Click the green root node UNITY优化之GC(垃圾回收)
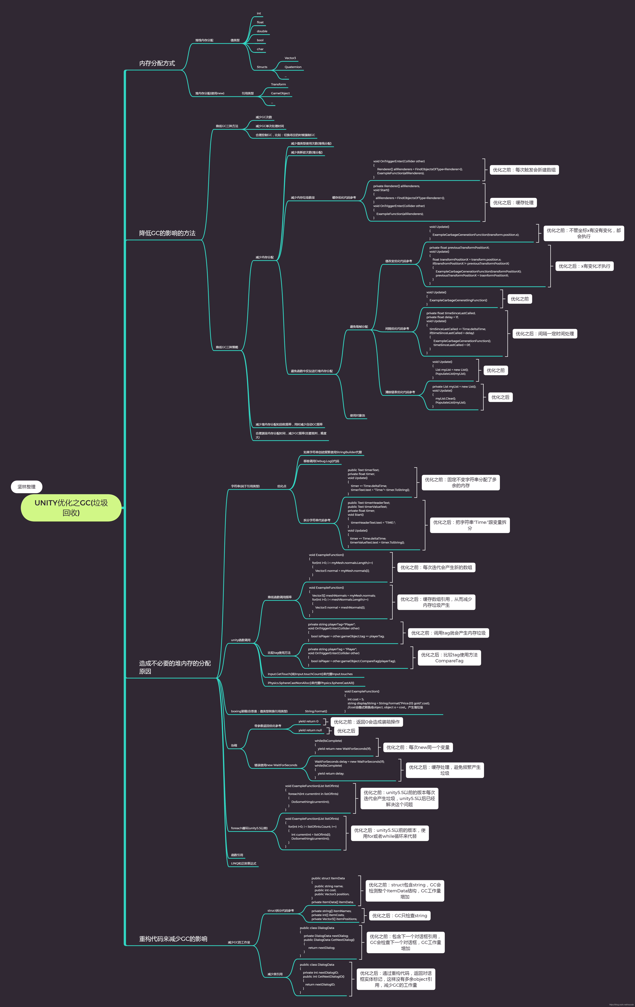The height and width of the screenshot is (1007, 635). (71, 508)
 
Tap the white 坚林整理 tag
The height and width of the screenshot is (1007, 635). (26, 487)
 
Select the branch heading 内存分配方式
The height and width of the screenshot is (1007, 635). (157, 63)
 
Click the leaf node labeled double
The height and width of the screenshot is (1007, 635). (262, 31)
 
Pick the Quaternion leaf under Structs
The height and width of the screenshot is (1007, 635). (293, 67)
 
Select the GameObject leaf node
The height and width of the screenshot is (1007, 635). (280, 93)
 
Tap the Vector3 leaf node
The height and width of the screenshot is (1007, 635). (290, 58)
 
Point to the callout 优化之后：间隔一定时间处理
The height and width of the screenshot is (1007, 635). (544, 334)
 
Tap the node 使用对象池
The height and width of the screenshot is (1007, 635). (357, 416)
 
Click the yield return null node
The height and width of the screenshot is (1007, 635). (310, 730)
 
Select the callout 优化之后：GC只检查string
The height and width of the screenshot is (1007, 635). (399, 916)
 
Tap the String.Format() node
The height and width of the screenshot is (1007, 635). (316, 711)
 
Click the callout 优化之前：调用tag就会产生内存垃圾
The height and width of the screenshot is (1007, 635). (448, 633)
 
